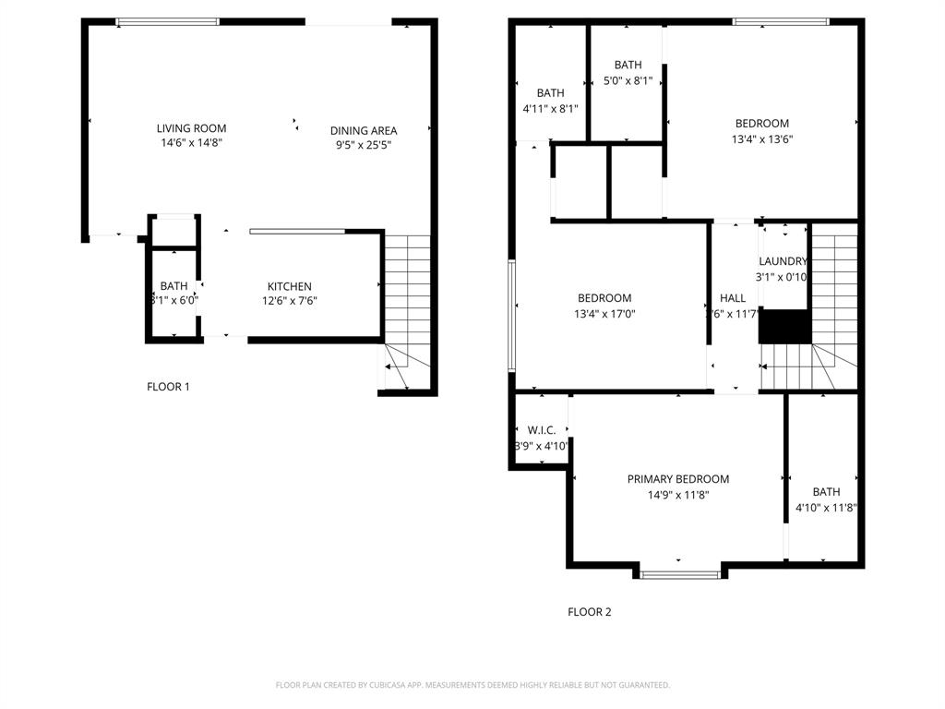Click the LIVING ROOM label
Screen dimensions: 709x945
coord(191,128)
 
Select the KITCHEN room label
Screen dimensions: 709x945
coord(289,286)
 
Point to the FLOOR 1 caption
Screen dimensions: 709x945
coord(168,387)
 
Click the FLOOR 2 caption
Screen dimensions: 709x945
coord(589,612)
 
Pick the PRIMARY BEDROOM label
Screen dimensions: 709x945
coord(677,479)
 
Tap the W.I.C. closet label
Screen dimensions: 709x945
coord(541,430)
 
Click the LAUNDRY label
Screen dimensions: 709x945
coord(783,261)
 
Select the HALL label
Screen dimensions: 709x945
coord(733,298)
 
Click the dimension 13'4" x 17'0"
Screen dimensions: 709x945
coord(604,314)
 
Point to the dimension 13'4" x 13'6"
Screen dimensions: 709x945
coord(761,139)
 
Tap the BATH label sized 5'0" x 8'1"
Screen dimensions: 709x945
coord(628,65)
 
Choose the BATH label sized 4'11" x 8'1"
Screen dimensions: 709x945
coord(550,92)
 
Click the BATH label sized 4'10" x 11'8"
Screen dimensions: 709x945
coord(826,492)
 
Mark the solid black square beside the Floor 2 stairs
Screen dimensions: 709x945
coord(784,327)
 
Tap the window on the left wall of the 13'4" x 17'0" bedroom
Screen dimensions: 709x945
coord(511,315)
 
